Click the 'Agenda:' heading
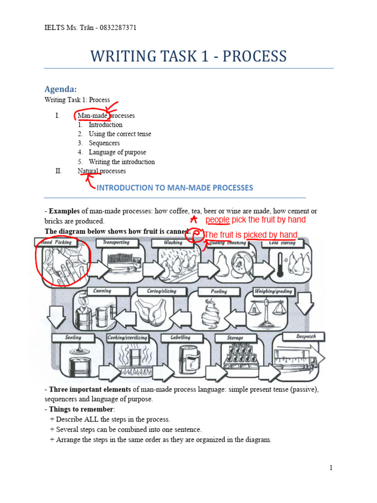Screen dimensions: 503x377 point(61,89)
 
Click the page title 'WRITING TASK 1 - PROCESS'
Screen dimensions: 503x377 point(188,56)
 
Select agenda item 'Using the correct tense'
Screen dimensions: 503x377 point(120,134)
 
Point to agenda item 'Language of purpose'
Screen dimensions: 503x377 point(117,152)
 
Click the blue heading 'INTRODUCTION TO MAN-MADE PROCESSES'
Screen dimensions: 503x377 point(175,188)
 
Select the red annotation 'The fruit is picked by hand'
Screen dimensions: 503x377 point(250,235)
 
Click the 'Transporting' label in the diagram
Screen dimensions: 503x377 point(116,243)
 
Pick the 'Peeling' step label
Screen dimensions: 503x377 point(219,291)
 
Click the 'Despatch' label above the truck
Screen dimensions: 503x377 point(306,336)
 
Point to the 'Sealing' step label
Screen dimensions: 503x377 point(73,338)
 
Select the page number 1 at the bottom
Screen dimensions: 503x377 point(331,468)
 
